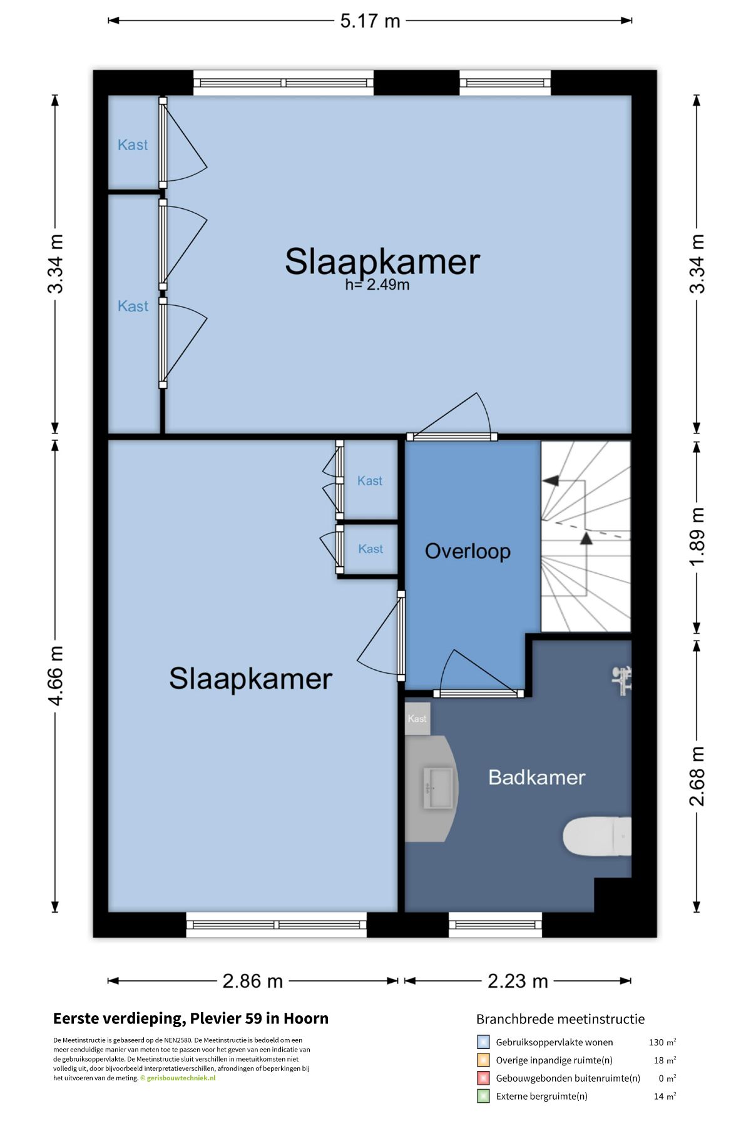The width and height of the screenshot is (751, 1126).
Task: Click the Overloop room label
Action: [467, 551]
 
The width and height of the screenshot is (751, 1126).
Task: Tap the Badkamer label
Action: [536, 778]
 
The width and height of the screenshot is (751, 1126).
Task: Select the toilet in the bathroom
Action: [597, 836]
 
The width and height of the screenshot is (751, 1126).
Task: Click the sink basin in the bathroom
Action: [438, 788]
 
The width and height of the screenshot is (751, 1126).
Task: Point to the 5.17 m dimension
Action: [370, 21]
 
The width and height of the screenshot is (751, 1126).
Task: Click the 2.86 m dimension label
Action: [253, 981]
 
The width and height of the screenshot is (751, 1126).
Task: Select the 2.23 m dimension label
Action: [518, 981]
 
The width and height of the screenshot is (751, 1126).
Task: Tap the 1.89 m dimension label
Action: [697, 536]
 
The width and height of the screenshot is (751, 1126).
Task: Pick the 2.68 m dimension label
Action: [697, 776]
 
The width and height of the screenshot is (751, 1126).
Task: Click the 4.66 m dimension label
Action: [56, 676]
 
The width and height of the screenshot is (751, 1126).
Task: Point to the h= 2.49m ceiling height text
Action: [377, 285]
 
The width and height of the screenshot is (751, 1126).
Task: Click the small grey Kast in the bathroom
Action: [417, 718]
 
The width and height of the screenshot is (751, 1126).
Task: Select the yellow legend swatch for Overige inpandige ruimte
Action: [483, 1060]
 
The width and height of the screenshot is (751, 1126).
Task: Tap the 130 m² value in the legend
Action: [662, 1042]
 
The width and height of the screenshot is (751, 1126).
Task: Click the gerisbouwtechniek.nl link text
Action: [181, 1078]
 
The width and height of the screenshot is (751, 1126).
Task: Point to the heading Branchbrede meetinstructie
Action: [560, 1019]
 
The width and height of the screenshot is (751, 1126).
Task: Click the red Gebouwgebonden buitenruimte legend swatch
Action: [483, 1078]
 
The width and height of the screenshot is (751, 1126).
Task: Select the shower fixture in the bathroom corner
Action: [622, 681]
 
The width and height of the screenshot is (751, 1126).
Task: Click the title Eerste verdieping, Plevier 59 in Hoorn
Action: [191, 1018]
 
